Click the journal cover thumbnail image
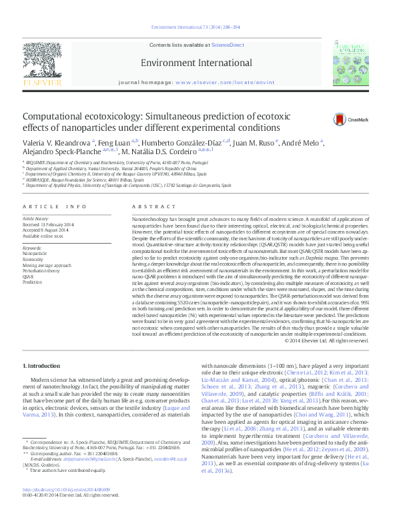click(352, 61)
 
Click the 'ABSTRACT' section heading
click(148, 208)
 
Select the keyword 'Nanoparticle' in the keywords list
click(35, 254)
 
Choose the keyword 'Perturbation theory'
click(42, 270)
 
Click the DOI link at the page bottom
click(65, 508)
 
